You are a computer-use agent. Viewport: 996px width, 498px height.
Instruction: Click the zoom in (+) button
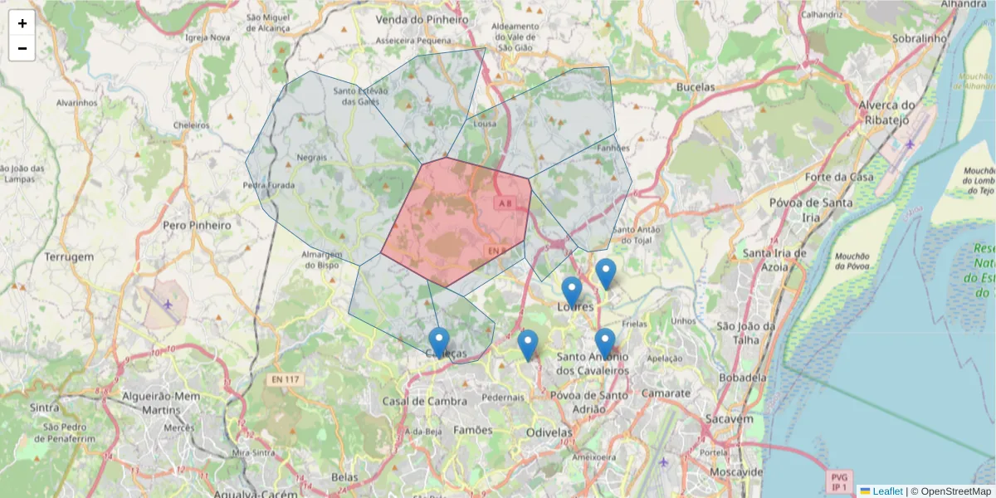(22, 23)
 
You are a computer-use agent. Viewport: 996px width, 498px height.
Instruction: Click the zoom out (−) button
(22, 48)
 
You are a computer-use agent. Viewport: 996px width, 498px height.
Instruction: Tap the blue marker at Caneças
(439, 341)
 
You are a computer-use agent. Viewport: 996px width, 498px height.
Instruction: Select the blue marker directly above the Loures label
(571, 290)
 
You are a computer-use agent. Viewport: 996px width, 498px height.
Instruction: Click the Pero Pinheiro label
(197, 225)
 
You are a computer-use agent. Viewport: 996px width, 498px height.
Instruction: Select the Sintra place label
(44, 408)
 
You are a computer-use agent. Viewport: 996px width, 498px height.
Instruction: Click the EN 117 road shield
(287, 379)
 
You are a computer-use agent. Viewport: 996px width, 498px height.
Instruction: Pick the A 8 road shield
(504, 203)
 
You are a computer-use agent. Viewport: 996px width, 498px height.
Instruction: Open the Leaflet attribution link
(888, 491)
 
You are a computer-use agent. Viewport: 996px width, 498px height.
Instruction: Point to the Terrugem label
(70, 256)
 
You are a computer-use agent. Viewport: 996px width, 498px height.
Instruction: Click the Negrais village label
(311, 157)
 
